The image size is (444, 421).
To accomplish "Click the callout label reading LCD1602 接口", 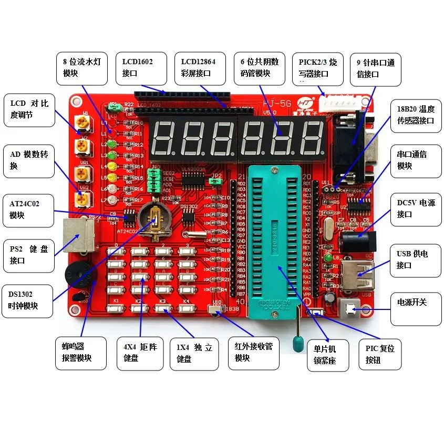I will click(141, 67).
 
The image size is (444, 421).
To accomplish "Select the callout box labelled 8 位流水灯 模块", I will click(82, 67).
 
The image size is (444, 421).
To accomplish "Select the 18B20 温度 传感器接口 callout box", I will click(415, 115).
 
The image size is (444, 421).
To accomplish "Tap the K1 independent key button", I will click(114, 309).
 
